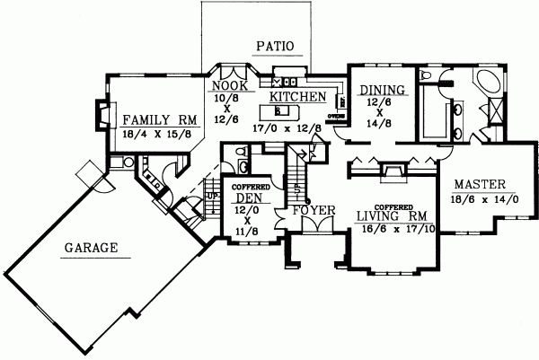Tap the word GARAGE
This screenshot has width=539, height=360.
tap(93, 249)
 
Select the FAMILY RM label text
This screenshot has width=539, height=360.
tap(160, 119)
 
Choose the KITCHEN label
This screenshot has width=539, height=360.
tap(297, 96)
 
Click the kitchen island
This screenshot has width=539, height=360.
tap(281, 111)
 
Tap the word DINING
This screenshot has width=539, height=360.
tap(382, 90)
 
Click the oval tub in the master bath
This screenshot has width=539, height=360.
tap(490, 87)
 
